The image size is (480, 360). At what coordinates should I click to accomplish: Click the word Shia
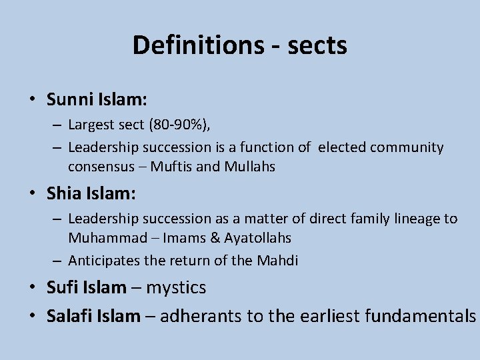65,193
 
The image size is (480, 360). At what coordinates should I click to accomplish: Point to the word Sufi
63,288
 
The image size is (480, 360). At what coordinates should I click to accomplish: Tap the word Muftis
170,166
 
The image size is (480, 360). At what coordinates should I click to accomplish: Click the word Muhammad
103,237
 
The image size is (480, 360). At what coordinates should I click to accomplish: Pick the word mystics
177,288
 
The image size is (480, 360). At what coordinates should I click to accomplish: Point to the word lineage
417,218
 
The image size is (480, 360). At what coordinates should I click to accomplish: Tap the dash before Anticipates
58,261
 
